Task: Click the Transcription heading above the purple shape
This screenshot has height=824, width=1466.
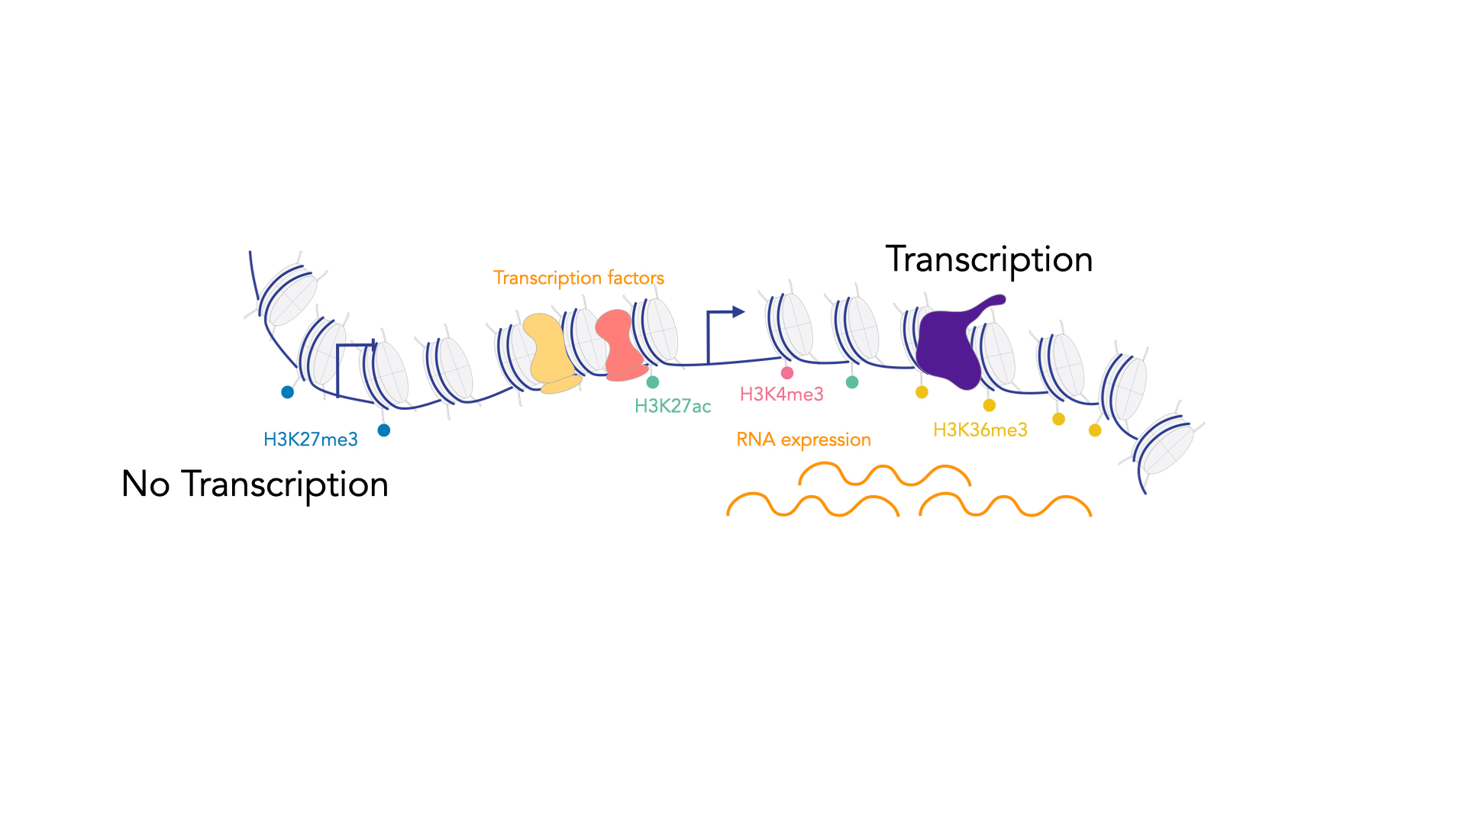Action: tap(989, 260)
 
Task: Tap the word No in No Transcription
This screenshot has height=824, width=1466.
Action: tap(145, 484)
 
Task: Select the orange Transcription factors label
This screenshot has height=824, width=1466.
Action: tap(578, 278)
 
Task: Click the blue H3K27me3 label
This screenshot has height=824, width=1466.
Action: tap(310, 439)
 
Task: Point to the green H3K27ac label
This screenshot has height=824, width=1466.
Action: tap(673, 406)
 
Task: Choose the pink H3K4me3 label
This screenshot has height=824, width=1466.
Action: tap(781, 394)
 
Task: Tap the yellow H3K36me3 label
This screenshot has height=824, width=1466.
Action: tap(980, 430)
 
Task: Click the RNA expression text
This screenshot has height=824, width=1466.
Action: tap(803, 440)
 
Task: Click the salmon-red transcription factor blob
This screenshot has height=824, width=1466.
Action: tap(620, 345)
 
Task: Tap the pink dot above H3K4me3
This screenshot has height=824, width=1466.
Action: tap(787, 373)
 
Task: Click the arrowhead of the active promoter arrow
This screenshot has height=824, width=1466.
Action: tap(738, 311)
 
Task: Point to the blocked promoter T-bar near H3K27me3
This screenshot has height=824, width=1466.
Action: tap(355, 346)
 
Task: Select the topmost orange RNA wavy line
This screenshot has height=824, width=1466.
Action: tap(884, 475)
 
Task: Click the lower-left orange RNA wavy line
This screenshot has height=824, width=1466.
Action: tap(812, 505)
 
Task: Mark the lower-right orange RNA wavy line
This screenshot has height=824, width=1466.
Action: tap(1005, 505)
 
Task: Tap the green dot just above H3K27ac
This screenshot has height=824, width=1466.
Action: tap(653, 382)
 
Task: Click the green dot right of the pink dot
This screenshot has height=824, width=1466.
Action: tap(852, 382)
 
